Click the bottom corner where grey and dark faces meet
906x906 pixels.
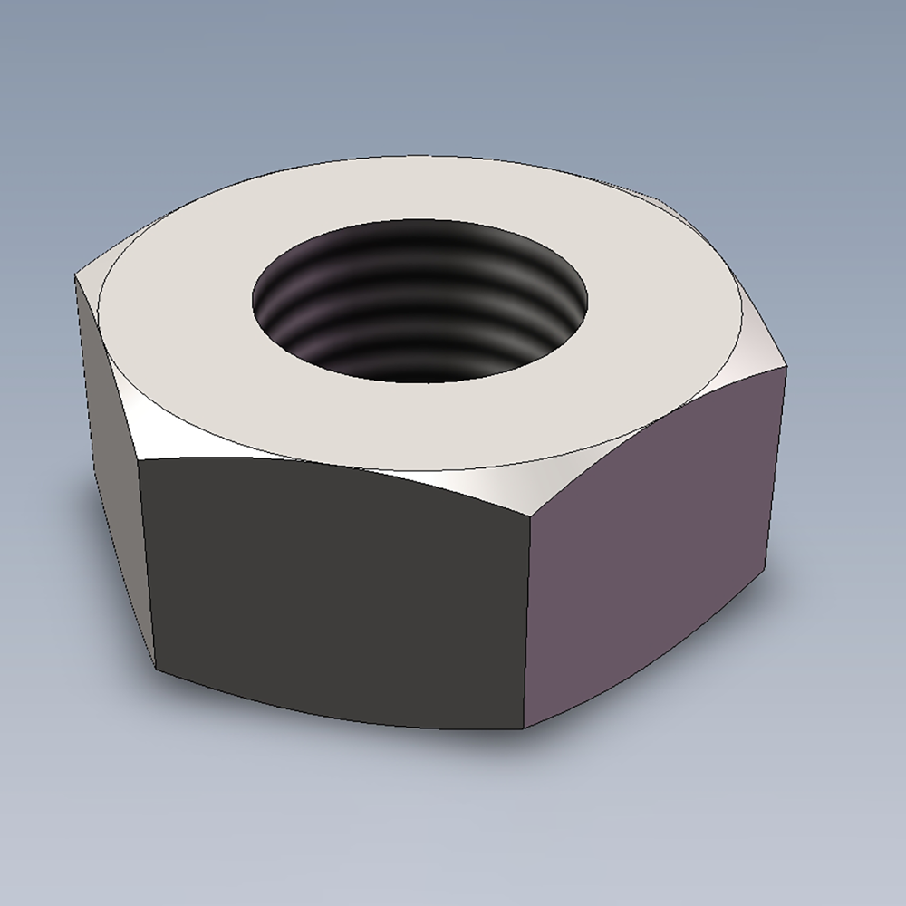tap(156, 670)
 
